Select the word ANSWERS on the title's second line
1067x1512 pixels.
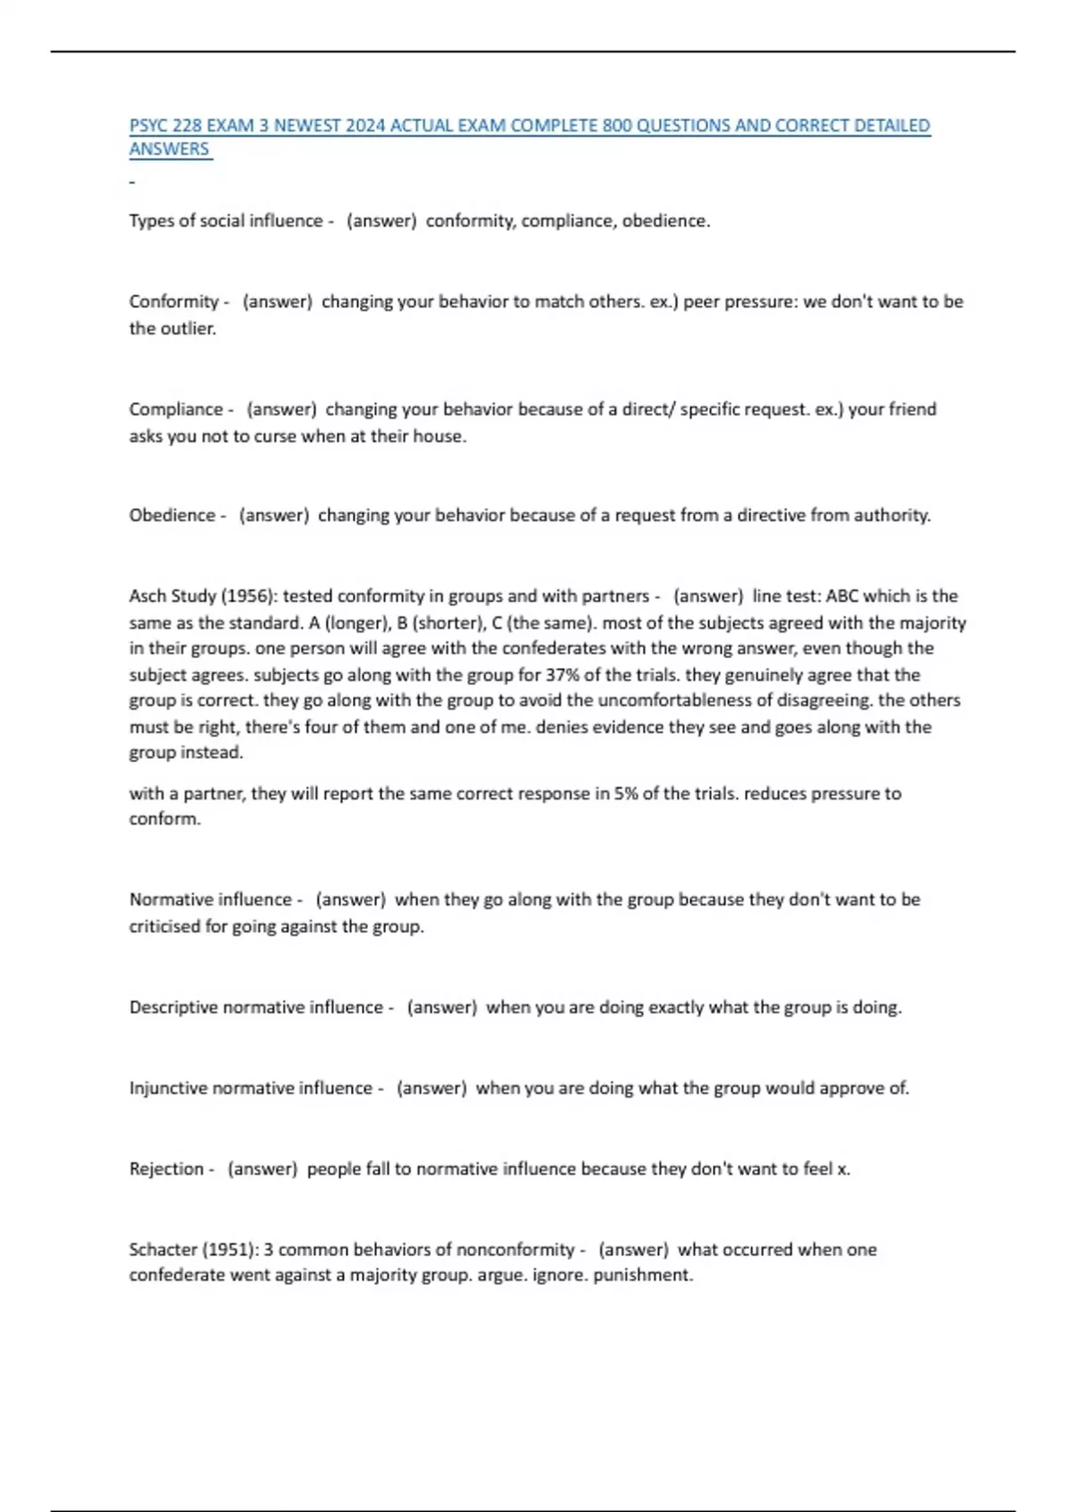169,149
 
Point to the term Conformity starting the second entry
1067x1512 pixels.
173,302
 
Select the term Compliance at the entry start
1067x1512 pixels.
176,409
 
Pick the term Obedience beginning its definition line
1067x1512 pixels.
172,515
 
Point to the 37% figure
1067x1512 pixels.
562,675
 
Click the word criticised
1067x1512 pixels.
164,926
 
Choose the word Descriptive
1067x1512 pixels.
173,1007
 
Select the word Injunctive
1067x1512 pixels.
168,1088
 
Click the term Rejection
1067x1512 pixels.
166,1169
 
